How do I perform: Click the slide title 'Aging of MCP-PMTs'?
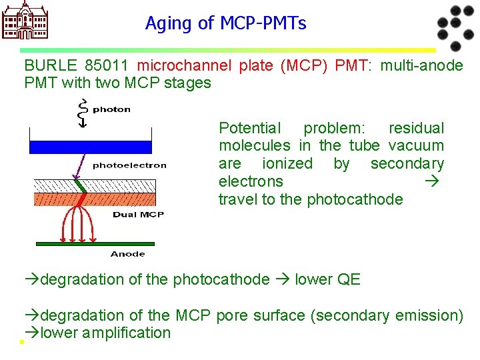tap(225, 24)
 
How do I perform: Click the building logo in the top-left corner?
tap(26, 20)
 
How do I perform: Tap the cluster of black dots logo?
tap(454, 27)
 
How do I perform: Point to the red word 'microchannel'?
tap(184, 65)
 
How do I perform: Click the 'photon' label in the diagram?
tap(111, 109)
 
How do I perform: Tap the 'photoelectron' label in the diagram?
tap(129, 165)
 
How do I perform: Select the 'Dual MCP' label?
tap(138, 215)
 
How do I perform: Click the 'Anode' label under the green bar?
tap(127, 253)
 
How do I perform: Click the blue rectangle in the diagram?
tap(91, 147)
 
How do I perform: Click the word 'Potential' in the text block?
tap(250, 128)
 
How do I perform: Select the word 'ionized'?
tap(287, 164)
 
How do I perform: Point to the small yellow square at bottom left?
tap(21, 342)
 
